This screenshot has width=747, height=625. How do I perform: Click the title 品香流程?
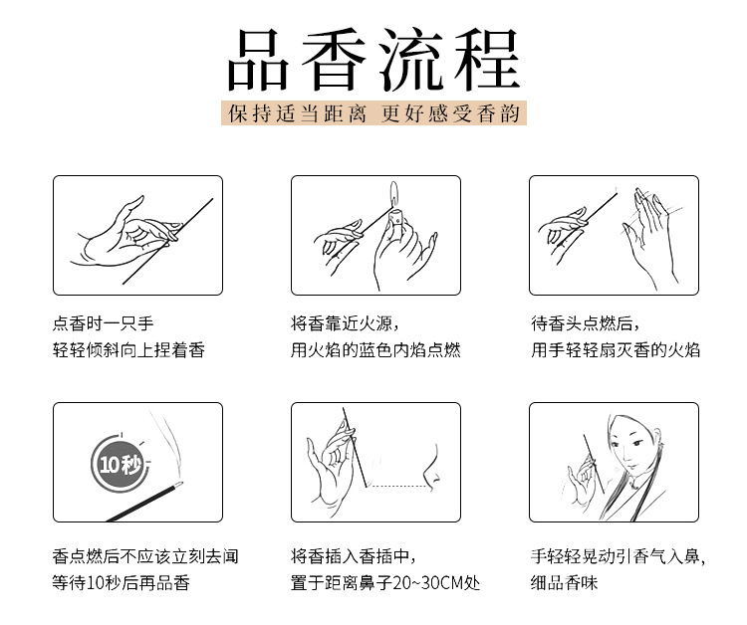tap(373, 60)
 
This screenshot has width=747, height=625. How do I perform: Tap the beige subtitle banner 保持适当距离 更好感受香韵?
tap(373, 113)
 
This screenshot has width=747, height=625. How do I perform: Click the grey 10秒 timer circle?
tap(119, 464)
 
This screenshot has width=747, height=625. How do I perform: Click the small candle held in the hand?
tap(395, 220)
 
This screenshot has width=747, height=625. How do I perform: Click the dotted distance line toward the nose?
tap(397, 486)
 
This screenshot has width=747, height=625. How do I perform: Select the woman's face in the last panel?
tap(631, 443)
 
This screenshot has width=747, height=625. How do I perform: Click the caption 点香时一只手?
tap(103, 323)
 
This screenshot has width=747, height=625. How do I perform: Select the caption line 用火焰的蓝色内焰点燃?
tap(375, 350)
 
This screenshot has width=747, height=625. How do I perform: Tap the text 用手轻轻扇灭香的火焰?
tap(616, 350)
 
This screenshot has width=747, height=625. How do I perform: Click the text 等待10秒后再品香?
tap(121, 582)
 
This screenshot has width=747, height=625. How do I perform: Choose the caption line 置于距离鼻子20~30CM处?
tap(384, 582)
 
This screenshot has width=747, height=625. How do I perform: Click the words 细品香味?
tap(564, 582)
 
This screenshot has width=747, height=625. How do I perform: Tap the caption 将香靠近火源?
tap(345, 323)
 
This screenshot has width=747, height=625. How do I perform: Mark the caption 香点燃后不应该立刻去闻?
tap(145, 556)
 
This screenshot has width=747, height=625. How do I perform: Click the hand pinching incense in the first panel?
tap(126, 233)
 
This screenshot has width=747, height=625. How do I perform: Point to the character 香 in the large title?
tap(334, 60)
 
